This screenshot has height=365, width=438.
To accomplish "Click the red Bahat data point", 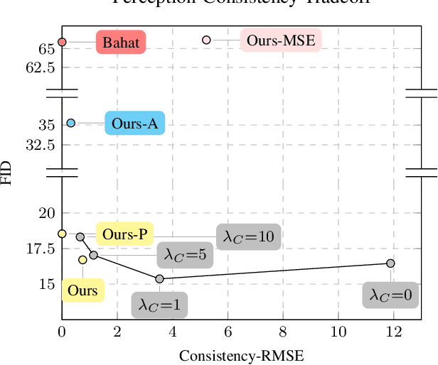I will click(x=62, y=42).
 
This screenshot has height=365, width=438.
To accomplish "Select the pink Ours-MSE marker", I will click(x=206, y=40).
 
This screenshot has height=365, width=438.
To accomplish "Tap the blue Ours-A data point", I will click(x=71, y=123).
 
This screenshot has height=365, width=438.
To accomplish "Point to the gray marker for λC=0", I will click(x=390, y=263).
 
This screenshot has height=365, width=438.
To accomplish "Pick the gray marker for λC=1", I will click(x=159, y=279).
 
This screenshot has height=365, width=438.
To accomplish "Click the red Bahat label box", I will click(x=121, y=42).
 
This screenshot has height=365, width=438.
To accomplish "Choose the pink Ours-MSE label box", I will click(x=280, y=40).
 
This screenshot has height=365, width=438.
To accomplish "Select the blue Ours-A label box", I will click(x=135, y=124).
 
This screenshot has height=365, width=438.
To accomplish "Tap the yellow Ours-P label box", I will click(x=124, y=234).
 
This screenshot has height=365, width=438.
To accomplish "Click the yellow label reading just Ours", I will click(x=82, y=290).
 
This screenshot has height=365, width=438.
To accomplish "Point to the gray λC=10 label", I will click(x=248, y=236).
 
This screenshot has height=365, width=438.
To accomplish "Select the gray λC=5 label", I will click(x=185, y=254).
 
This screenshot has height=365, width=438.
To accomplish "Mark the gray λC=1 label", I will click(x=159, y=305).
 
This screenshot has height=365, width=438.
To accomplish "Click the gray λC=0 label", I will click(x=390, y=295).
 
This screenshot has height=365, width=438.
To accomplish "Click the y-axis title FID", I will click(x=7, y=173).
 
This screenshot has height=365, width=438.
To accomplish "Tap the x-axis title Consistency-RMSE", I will click(x=241, y=355).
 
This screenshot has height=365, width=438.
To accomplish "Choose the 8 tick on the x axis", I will click(x=283, y=331).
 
